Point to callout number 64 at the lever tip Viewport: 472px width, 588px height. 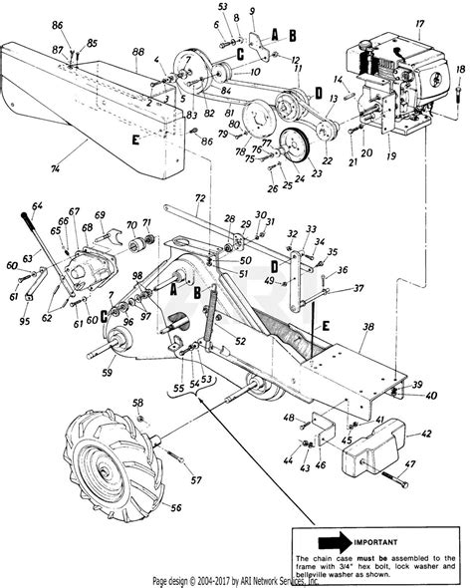[x=38, y=206]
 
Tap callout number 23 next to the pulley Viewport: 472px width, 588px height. [x=253, y=12]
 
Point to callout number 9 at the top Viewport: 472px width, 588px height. [x=253, y=12]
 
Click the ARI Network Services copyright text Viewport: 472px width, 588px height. [x=236, y=580]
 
